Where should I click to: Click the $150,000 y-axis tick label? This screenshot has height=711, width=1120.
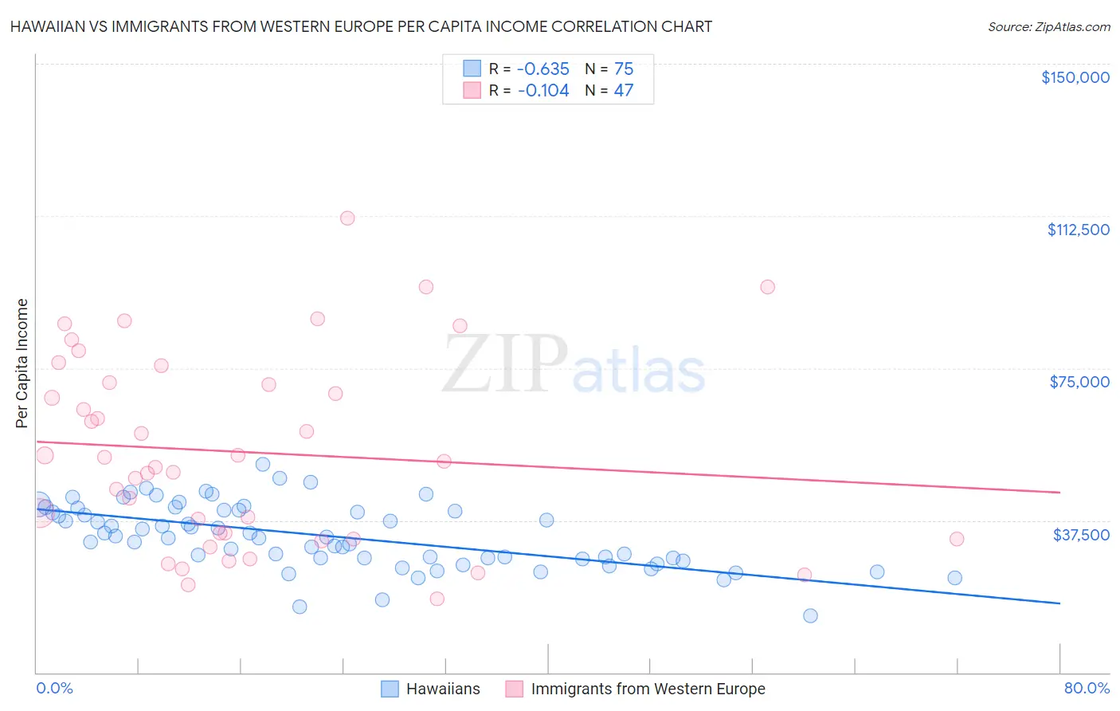(1075, 77)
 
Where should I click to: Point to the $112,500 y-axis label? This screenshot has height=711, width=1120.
(1078, 230)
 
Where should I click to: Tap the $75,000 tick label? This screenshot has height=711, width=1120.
(1079, 382)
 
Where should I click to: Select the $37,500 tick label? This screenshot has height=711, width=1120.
(1081, 534)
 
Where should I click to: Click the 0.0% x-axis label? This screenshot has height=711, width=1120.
(54, 688)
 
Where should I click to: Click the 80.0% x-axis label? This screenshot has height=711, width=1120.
(1087, 688)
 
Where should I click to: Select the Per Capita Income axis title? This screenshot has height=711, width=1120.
(22, 363)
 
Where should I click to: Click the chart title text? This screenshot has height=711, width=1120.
(361, 26)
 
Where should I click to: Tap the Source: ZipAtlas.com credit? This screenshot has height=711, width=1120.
(1048, 26)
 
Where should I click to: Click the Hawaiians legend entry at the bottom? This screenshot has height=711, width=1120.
(442, 689)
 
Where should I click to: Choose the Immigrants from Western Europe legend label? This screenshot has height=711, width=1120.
(647, 689)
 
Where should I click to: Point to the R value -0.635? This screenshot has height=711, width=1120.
(543, 69)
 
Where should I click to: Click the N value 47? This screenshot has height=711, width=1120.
(623, 90)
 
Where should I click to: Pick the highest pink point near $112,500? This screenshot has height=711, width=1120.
(347, 218)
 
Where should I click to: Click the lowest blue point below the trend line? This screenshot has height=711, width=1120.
(810, 615)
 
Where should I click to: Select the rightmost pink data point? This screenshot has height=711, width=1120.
(957, 539)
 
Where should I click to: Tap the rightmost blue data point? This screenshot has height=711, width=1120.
(954, 578)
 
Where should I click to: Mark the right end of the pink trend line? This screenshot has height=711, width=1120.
(1059, 493)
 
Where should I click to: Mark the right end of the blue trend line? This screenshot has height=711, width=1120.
(1059, 603)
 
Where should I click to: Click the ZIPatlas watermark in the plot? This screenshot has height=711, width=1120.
(574, 364)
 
